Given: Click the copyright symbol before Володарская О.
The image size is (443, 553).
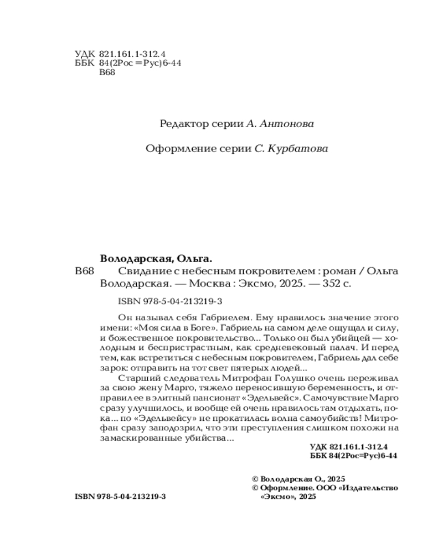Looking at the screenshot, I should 255,478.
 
